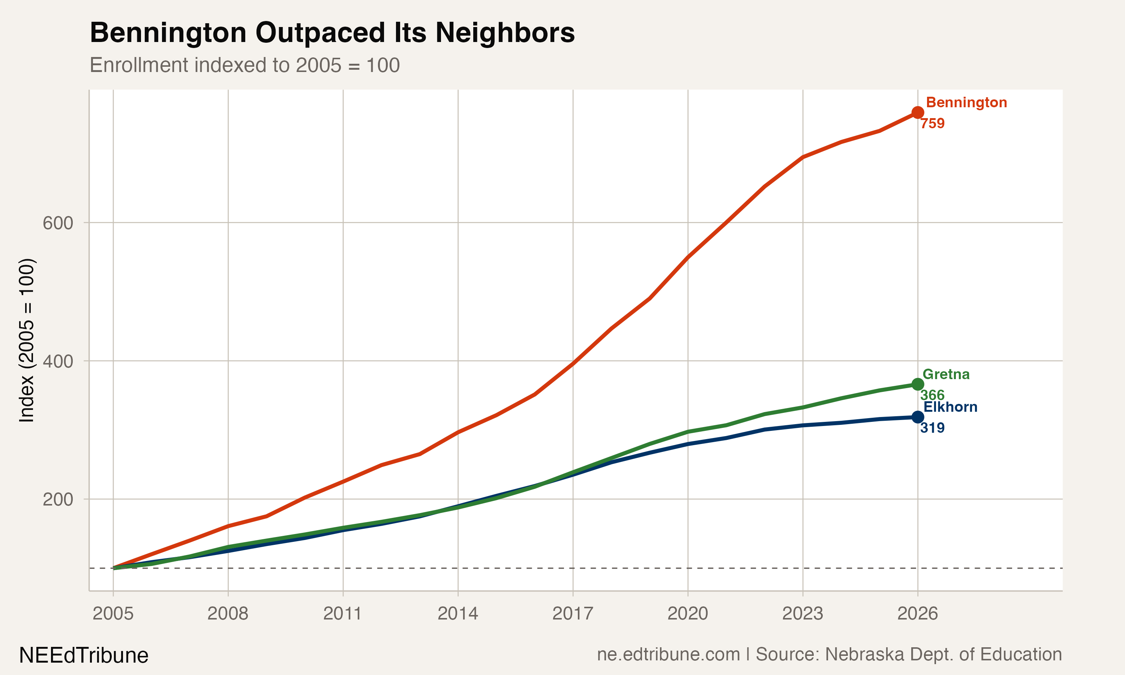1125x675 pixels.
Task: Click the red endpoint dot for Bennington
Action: click(x=918, y=112)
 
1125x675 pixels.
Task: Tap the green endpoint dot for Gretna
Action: click(x=918, y=385)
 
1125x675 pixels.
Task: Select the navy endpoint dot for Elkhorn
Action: click(x=918, y=417)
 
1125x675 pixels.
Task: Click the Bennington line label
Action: click(x=966, y=103)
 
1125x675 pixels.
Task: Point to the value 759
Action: click(x=932, y=124)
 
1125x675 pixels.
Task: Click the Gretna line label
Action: click(x=946, y=375)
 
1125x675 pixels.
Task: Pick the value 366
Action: click(x=932, y=395)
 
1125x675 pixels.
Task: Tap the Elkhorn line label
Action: click(x=950, y=407)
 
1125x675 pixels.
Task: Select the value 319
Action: click(x=932, y=428)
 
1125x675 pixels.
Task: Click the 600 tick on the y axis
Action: click(x=58, y=223)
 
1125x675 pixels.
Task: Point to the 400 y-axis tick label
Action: click(x=58, y=361)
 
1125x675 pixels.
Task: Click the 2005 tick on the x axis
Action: click(x=113, y=614)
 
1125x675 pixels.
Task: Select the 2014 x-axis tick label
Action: click(x=458, y=614)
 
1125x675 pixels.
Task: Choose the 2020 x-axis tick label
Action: click(x=687, y=614)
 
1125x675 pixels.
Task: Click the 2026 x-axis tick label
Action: click(x=918, y=614)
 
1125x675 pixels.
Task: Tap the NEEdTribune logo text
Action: click(x=84, y=655)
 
